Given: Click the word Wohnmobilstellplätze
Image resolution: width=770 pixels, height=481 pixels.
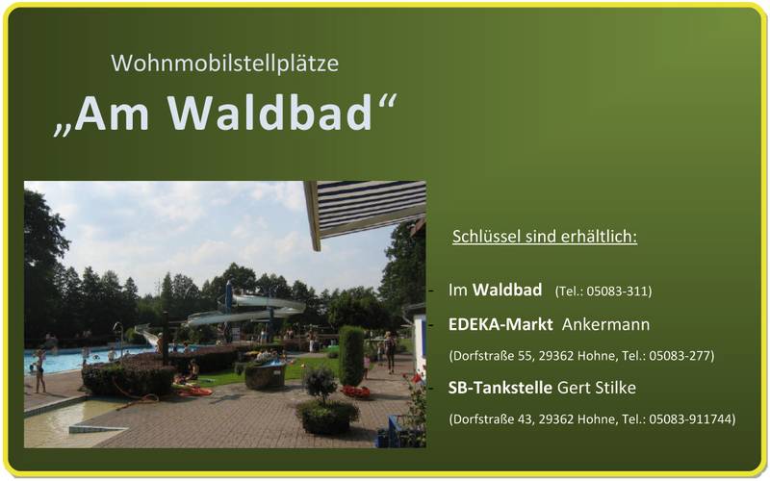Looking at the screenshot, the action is coord(225,63).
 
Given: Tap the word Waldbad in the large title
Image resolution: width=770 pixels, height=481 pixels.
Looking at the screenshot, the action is coord(269,114).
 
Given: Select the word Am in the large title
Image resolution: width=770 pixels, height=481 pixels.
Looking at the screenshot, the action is coord(112,114).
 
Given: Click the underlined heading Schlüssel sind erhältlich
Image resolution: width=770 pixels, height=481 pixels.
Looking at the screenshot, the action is coord(545,237).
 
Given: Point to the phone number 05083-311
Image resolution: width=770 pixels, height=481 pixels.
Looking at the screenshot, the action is coord(617,291).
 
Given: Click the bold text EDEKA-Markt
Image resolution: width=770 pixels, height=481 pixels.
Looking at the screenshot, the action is coord(500,324).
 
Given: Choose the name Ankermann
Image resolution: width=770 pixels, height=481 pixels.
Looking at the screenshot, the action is coord(605,324).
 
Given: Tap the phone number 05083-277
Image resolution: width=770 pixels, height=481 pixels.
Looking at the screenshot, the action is coord(680,355).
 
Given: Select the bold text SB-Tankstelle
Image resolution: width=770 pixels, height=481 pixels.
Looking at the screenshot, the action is coord(500,388).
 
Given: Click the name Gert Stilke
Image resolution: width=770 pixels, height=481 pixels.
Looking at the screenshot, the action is coord(597,388).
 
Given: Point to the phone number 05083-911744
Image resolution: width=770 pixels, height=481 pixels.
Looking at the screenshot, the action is coord(690,419).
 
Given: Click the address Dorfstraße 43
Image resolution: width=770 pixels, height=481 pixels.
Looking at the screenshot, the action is coord(492,419).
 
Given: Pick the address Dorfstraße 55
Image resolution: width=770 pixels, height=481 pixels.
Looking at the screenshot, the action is coord(492,355).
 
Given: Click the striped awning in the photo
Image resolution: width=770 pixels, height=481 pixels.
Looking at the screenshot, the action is coord(366,209).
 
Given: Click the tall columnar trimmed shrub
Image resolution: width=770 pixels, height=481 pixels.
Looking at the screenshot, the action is coord(351,356).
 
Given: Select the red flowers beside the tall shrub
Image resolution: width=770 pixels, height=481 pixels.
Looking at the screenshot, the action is coord(355,392).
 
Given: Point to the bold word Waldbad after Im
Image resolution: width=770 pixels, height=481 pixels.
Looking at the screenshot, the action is coord(507,290).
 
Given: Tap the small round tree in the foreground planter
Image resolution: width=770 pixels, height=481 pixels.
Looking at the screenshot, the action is coord(321,383).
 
